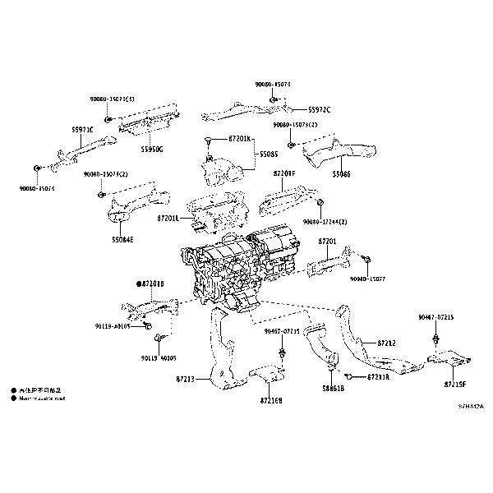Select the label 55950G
(x=151, y=149)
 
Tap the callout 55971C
(x=82, y=130)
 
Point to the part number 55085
(x=269, y=153)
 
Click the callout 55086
(x=342, y=174)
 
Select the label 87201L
(x=167, y=218)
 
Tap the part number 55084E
(x=123, y=240)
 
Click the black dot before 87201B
(x=139, y=283)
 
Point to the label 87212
(x=387, y=342)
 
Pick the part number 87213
(x=185, y=379)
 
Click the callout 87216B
(x=271, y=400)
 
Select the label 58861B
(x=333, y=388)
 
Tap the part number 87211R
(x=377, y=376)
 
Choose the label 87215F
(x=455, y=384)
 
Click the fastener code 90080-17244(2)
(x=325, y=222)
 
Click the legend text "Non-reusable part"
(x=42, y=398)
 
